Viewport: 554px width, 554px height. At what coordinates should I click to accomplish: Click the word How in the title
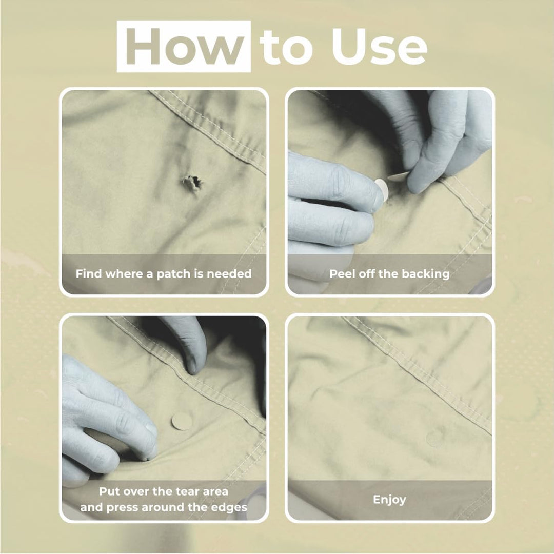[x=184, y=47]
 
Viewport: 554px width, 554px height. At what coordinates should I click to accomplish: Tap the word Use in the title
[x=379, y=47]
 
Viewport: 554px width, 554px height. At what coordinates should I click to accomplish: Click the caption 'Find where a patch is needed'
[x=164, y=274]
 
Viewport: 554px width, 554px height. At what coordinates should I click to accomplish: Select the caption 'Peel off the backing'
[x=389, y=274]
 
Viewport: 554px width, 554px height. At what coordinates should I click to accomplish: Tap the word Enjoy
[x=389, y=499]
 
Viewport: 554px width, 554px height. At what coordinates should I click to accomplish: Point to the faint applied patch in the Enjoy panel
[x=435, y=438]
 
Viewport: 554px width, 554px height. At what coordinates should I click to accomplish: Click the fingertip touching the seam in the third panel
[x=194, y=366]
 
